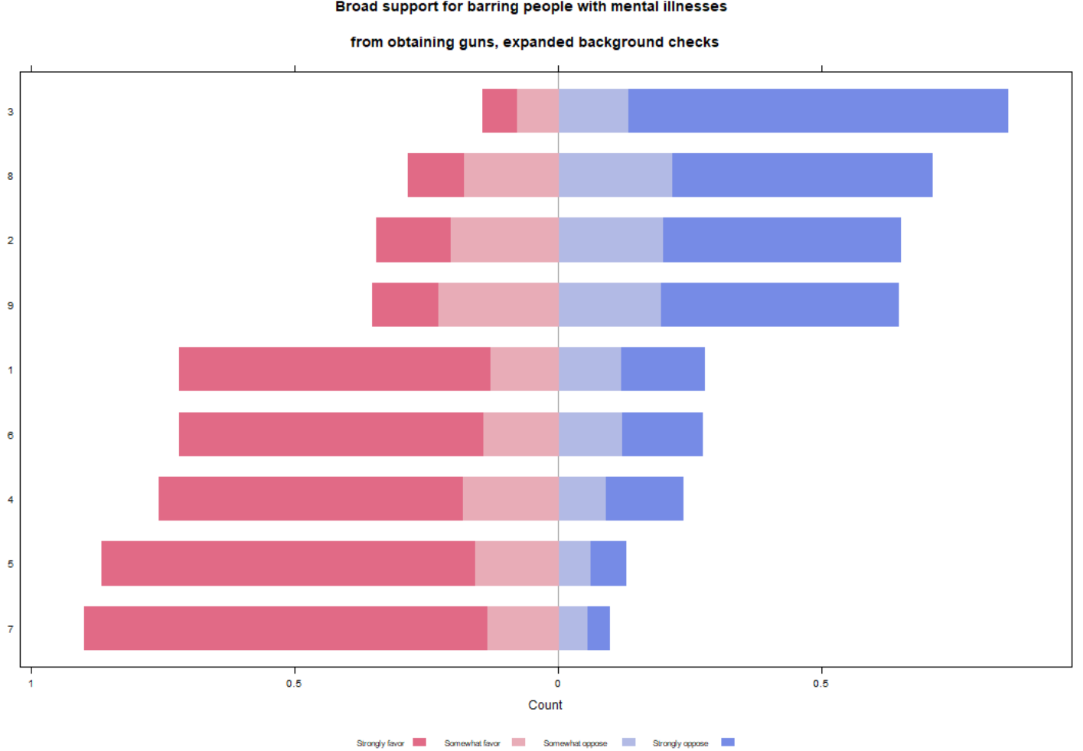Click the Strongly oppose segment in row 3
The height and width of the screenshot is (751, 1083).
click(817, 111)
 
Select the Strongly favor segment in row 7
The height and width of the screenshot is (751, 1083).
click(285, 629)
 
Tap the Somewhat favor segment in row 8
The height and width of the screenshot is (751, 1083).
click(511, 175)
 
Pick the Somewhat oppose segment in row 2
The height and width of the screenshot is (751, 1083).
click(610, 240)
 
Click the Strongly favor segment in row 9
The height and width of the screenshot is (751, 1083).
click(405, 305)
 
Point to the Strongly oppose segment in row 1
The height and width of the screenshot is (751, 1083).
click(662, 369)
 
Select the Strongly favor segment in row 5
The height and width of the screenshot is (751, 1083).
click(288, 563)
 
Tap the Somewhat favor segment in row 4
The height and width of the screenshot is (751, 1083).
click(510, 498)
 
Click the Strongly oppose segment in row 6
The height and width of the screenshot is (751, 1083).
click(662, 434)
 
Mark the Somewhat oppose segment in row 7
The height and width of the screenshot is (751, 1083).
click(572, 629)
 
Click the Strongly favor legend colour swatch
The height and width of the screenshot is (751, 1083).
click(419, 742)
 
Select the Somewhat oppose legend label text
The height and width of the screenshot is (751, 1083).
click(575, 743)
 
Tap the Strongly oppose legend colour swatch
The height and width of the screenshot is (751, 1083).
click(728, 742)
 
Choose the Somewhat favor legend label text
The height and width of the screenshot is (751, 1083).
click(471, 743)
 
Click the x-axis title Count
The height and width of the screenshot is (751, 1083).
click(545, 705)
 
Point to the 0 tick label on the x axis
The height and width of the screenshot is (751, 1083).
click(558, 684)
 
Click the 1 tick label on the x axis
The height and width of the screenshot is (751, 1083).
click(31, 684)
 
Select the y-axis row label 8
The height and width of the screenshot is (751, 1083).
click(10, 176)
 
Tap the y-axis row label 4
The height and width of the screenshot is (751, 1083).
click(10, 499)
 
